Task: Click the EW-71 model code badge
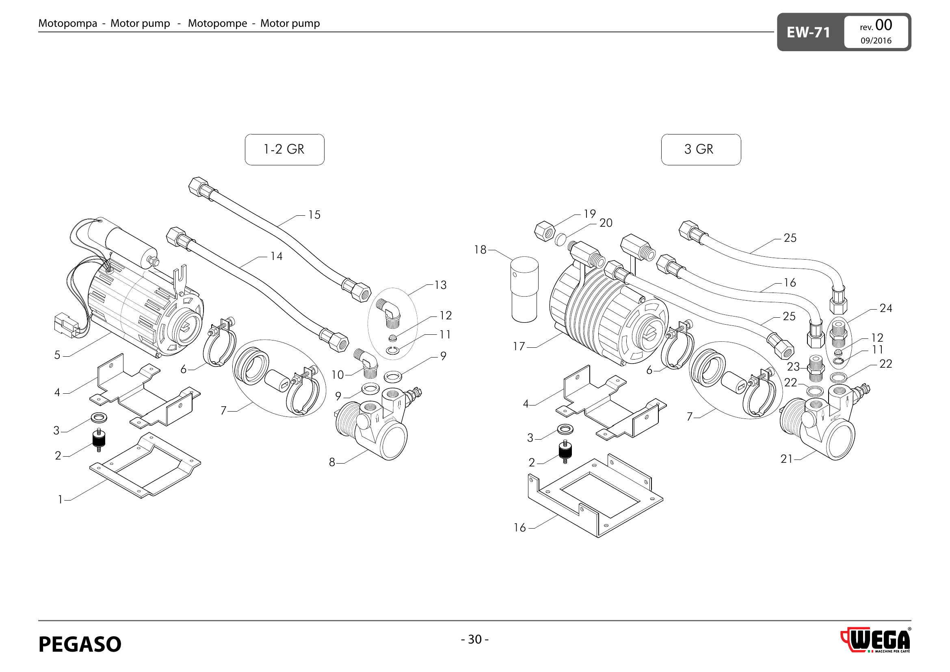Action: tap(808, 32)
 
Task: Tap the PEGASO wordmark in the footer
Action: tap(80, 644)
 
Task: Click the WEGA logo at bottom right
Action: tap(876, 640)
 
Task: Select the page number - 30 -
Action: tap(474, 639)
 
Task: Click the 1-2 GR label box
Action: tap(285, 150)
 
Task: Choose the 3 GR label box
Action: tap(701, 150)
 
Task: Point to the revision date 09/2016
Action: tap(876, 41)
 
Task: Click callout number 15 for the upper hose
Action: tap(314, 215)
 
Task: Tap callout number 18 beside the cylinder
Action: tap(480, 249)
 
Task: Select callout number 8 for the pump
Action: tap(332, 462)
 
